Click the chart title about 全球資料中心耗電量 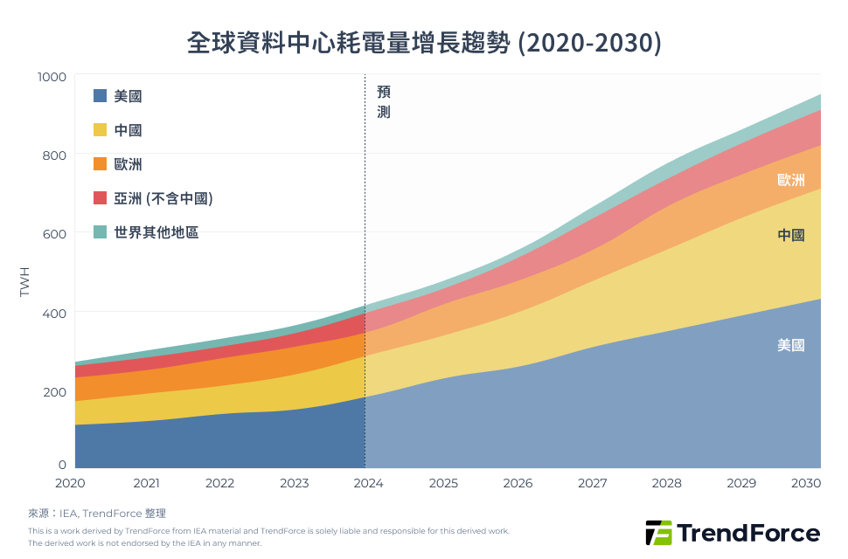click(x=424, y=43)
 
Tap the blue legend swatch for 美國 click(x=100, y=96)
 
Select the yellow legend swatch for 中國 click(x=100, y=130)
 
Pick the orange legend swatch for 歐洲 click(x=100, y=164)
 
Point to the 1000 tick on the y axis click(x=52, y=77)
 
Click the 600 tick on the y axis click(x=55, y=233)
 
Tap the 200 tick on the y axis click(x=55, y=390)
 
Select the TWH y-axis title click(x=24, y=281)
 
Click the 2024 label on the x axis click(x=369, y=483)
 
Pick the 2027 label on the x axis click(x=592, y=483)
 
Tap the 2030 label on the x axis click(x=805, y=483)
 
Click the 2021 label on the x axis click(x=146, y=483)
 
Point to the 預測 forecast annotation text click(x=383, y=101)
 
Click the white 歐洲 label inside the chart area click(x=790, y=180)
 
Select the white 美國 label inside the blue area click(x=790, y=345)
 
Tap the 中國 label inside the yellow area click(x=790, y=235)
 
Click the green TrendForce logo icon click(x=657, y=533)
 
